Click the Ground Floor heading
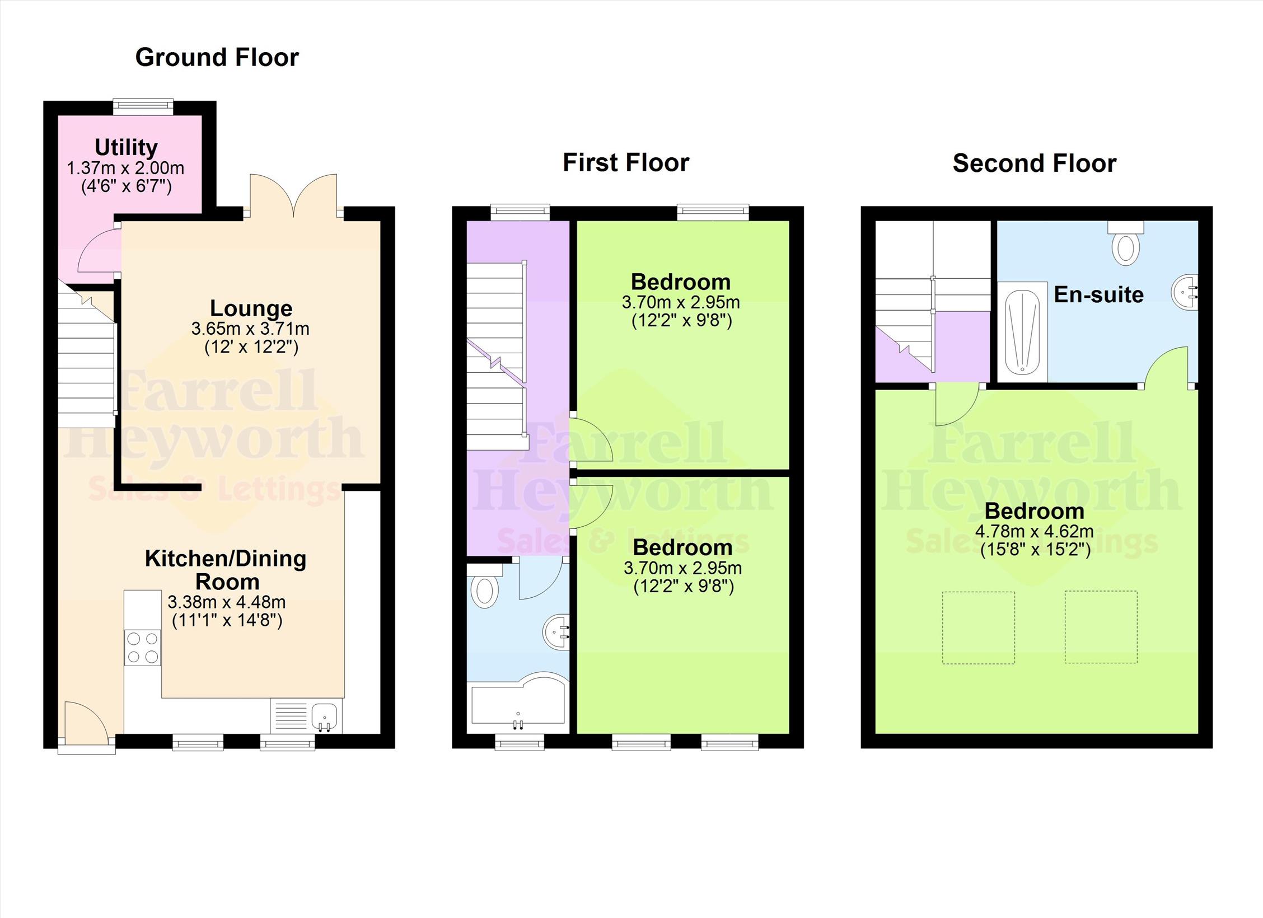click(x=217, y=58)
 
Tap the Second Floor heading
click(x=1035, y=163)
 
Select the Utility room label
click(x=126, y=147)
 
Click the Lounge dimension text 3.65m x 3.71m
click(x=250, y=329)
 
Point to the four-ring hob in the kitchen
click(x=142, y=647)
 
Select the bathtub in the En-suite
click(x=1022, y=331)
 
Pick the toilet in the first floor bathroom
click(x=485, y=586)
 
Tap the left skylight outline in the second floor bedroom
click(x=978, y=627)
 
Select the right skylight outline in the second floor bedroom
click(x=1101, y=627)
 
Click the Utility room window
click(x=143, y=107)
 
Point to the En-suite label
click(x=1098, y=294)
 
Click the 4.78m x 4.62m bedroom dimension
click(x=1035, y=531)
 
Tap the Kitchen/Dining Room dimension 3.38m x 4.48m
click(x=226, y=602)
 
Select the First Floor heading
click(x=626, y=163)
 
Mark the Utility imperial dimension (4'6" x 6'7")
click(x=126, y=186)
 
